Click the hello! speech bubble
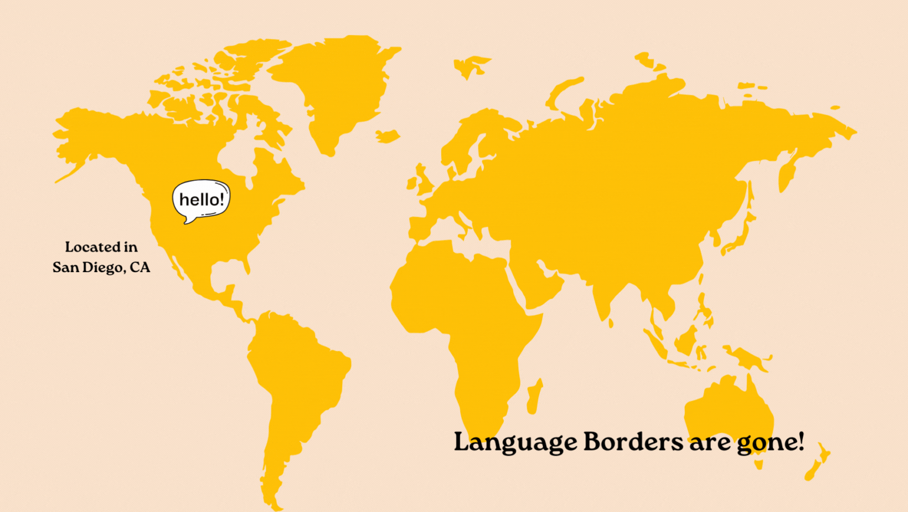pyautogui.click(x=201, y=199)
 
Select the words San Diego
pyautogui.click(x=88, y=268)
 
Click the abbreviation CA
pyautogui.click(x=140, y=268)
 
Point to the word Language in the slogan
pyautogui.click(x=515, y=443)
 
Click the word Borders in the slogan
pyautogui.click(x=633, y=442)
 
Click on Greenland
pyautogui.click(x=338, y=89)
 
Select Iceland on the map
pyautogui.click(x=388, y=136)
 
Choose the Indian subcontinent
pyautogui.click(x=609, y=294)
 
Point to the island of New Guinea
pyautogui.click(x=747, y=357)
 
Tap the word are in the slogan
pyautogui.click(x=710, y=443)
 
